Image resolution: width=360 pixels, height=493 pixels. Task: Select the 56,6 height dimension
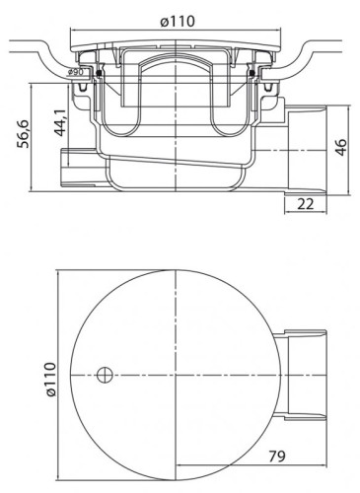[23, 128]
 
